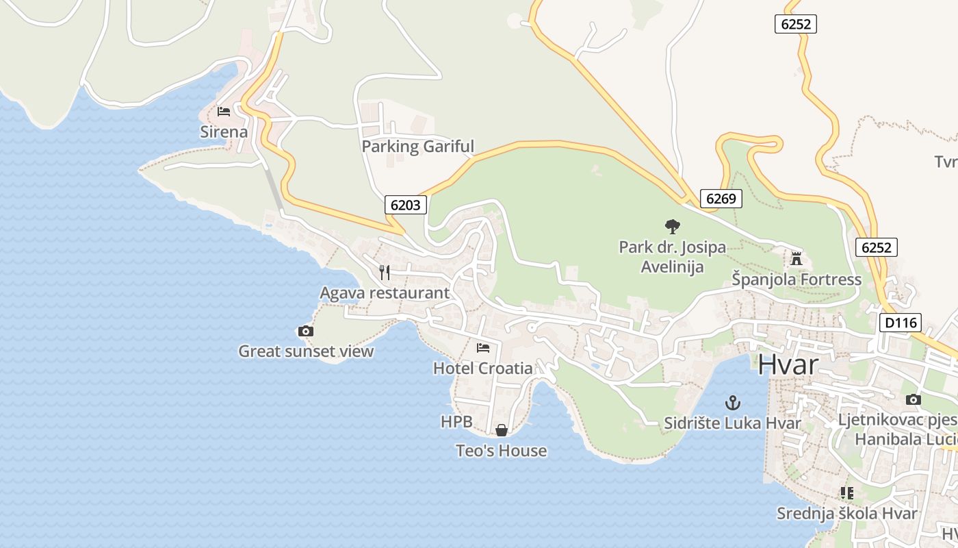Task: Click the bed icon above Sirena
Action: (223, 111)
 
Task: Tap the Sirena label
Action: (224, 131)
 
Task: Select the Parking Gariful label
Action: (417, 146)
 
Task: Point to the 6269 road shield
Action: (721, 199)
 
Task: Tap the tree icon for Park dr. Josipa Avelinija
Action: (673, 226)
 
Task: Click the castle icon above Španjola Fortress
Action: (796, 259)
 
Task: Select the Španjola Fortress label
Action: (797, 279)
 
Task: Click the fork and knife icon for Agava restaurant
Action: (385, 273)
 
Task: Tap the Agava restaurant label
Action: (385, 293)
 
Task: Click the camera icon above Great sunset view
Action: (306, 332)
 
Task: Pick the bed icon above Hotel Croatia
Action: (483, 348)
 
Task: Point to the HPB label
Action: (456, 422)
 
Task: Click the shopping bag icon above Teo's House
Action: (502, 430)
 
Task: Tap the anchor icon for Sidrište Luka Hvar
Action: (733, 402)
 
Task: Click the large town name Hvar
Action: (788, 365)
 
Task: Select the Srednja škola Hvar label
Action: (846, 514)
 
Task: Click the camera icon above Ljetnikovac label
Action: (913, 399)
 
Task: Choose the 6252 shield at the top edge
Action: (796, 24)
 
